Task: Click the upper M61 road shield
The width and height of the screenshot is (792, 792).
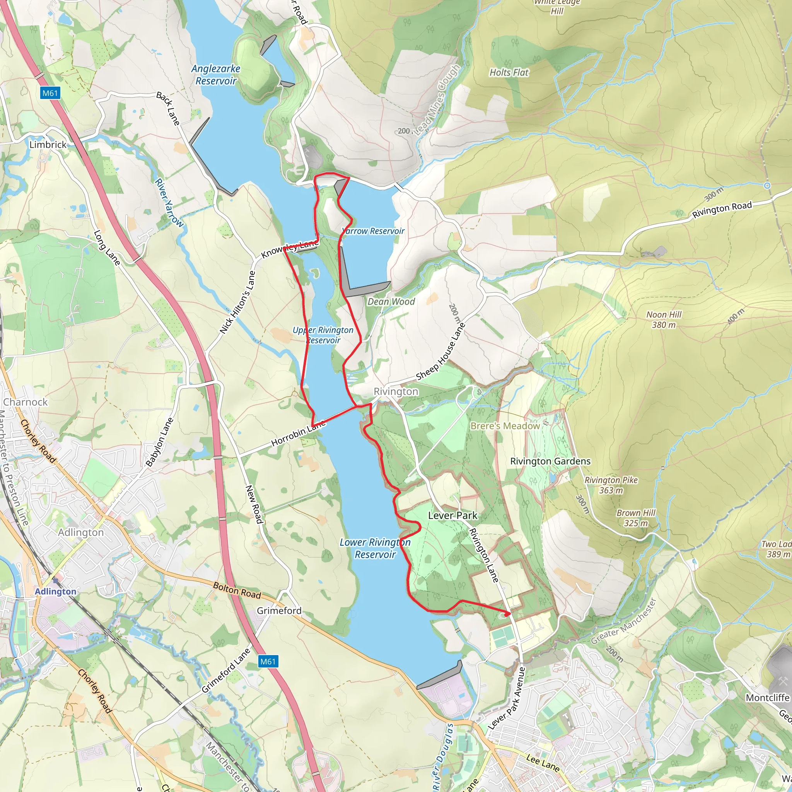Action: click(x=50, y=93)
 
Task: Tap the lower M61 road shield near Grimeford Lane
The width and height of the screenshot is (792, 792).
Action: click(x=268, y=661)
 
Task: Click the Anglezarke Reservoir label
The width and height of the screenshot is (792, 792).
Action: click(x=216, y=75)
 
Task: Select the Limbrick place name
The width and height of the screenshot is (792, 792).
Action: click(x=48, y=145)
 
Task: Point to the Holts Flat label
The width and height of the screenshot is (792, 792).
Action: click(x=509, y=73)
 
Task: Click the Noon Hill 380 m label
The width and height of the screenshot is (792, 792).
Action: click(x=664, y=319)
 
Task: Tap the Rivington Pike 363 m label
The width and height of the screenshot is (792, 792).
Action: click(x=611, y=485)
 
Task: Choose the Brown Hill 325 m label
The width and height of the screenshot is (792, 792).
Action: click(x=635, y=518)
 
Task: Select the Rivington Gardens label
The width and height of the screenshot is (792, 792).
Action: click(x=550, y=461)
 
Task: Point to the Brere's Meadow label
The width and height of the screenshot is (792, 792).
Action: click(x=505, y=426)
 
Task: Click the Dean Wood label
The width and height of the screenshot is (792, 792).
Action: click(x=391, y=302)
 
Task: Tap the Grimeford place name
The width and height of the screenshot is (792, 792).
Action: click(x=279, y=611)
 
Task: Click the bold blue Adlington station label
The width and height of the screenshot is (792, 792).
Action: click(x=55, y=591)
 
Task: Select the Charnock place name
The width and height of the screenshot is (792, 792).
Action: click(x=26, y=402)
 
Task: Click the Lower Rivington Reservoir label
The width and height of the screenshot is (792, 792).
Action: click(x=375, y=548)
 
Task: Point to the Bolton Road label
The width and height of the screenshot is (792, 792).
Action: click(x=237, y=590)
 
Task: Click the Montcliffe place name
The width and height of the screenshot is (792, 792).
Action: click(x=767, y=698)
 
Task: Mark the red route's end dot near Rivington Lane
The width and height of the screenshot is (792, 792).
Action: click(x=508, y=614)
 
